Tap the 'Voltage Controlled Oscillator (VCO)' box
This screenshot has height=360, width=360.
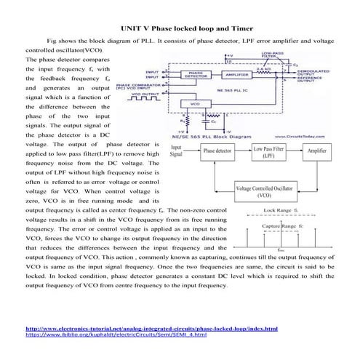(266, 192)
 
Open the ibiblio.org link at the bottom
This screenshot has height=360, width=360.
(116, 335)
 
